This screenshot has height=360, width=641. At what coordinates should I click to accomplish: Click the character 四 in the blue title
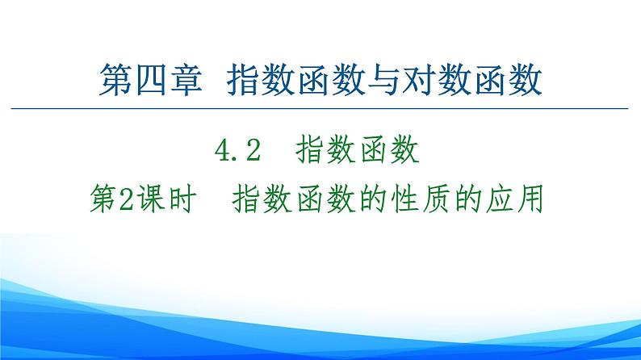pyautogui.click(x=147, y=82)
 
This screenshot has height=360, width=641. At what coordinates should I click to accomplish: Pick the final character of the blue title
pyautogui.click(x=526, y=82)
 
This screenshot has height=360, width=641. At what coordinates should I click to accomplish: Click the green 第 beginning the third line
pyautogui.click(x=102, y=196)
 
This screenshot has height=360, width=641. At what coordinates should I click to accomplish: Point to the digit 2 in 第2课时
pyautogui.click(x=125, y=197)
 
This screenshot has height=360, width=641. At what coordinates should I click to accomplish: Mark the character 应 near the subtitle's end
pyautogui.click(x=500, y=196)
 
